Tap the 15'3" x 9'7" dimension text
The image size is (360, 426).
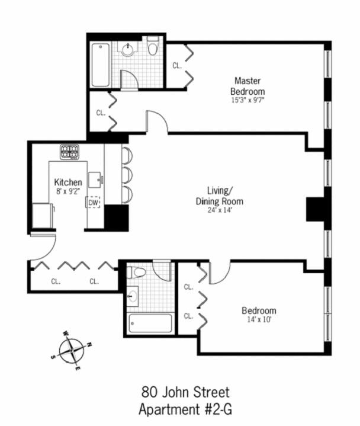point(247,100)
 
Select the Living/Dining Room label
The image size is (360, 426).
point(219,196)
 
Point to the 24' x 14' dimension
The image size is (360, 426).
point(220,210)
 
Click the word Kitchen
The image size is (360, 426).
point(68,182)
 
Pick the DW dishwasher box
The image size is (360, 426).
point(93,203)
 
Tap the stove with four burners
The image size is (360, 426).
point(70,152)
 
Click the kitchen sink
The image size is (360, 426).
point(95,180)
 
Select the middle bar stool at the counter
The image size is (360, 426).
point(127,176)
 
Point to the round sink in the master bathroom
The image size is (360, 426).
point(128,50)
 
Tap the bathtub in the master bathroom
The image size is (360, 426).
point(101,65)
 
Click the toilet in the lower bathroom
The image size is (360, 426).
point(137,273)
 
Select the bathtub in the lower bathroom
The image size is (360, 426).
point(150,323)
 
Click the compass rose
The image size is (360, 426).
point(72,351)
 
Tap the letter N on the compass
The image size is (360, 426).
point(89,345)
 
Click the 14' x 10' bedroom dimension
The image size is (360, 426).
point(259,319)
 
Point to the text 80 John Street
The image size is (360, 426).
point(185,392)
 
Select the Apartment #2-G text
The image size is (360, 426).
point(185,409)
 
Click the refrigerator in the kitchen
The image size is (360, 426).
point(43,216)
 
